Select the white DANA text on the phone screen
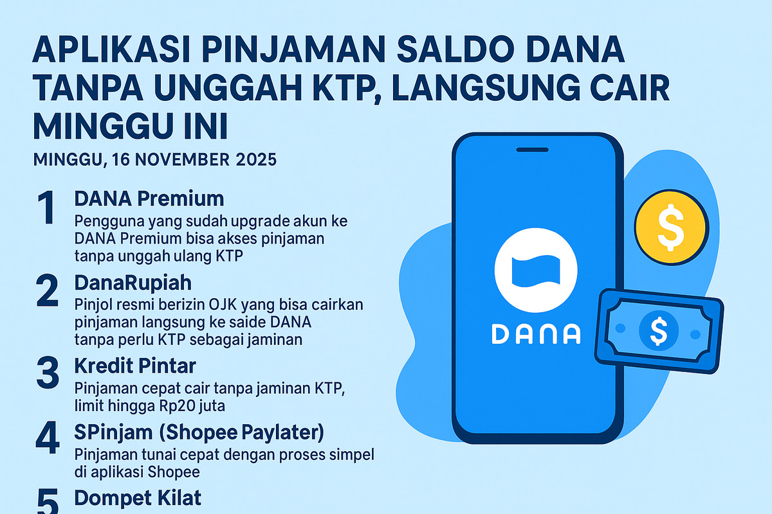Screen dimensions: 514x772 [537, 333]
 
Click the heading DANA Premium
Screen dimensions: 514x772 [149, 198]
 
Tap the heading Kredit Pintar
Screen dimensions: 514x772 [135, 367]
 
